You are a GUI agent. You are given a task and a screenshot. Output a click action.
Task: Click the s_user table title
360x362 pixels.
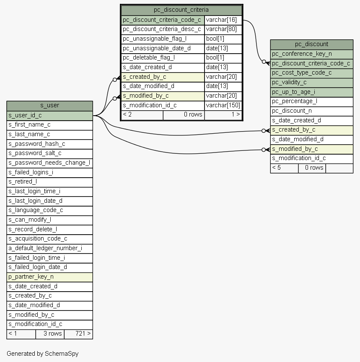(x=49, y=106)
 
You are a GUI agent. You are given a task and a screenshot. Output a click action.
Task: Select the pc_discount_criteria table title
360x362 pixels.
(x=181, y=10)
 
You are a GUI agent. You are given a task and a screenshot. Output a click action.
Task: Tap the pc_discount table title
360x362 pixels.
(x=311, y=44)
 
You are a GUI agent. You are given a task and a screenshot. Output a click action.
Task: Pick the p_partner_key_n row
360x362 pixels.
(x=49, y=277)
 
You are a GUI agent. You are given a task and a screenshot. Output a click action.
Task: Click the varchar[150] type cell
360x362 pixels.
(x=223, y=106)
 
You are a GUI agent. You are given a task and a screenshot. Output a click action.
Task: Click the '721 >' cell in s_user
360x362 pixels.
(x=78, y=334)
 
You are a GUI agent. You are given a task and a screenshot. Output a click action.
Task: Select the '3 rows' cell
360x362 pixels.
(x=50, y=334)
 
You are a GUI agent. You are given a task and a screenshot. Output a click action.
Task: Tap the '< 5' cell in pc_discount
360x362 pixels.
(x=284, y=168)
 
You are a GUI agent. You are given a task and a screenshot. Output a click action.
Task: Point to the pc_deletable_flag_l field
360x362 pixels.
(x=163, y=58)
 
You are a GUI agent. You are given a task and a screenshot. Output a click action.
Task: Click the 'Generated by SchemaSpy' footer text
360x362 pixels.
(x=42, y=354)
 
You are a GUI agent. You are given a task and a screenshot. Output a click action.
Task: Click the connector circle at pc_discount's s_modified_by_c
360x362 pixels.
(x=264, y=150)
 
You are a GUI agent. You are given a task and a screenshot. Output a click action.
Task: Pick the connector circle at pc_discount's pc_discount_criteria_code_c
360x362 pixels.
(x=264, y=62)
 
